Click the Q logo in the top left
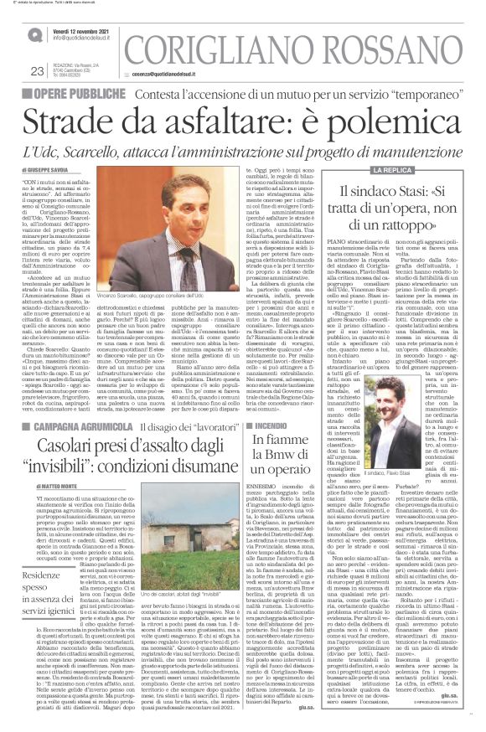(x=34, y=34)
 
